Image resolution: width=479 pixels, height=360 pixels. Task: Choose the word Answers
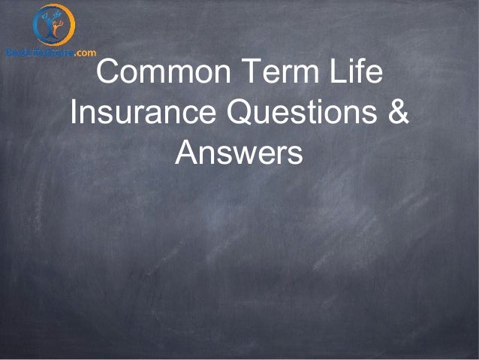point(239,154)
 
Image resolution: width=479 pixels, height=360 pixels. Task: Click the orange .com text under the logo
point(85,52)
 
